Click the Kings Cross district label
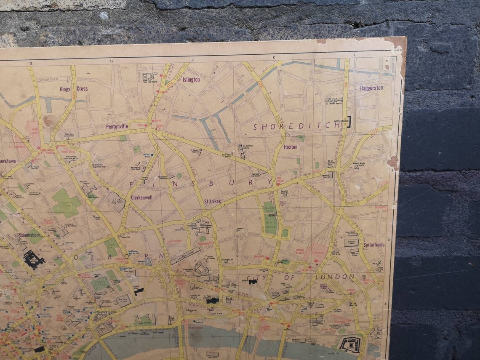click(73, 89)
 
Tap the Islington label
click(191, 80)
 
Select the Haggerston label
click(371, 88)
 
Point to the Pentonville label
click(117, 126)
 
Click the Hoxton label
click(291, 147)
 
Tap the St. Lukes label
click(213, 201)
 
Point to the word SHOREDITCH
click(296, 126)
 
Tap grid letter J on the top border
click(192, 60)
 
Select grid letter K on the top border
click(273, 58)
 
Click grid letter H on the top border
click(112, 61)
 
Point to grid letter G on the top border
click(31, 63)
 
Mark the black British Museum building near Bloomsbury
click(34, 259)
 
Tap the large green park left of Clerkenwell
click(66, 203)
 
